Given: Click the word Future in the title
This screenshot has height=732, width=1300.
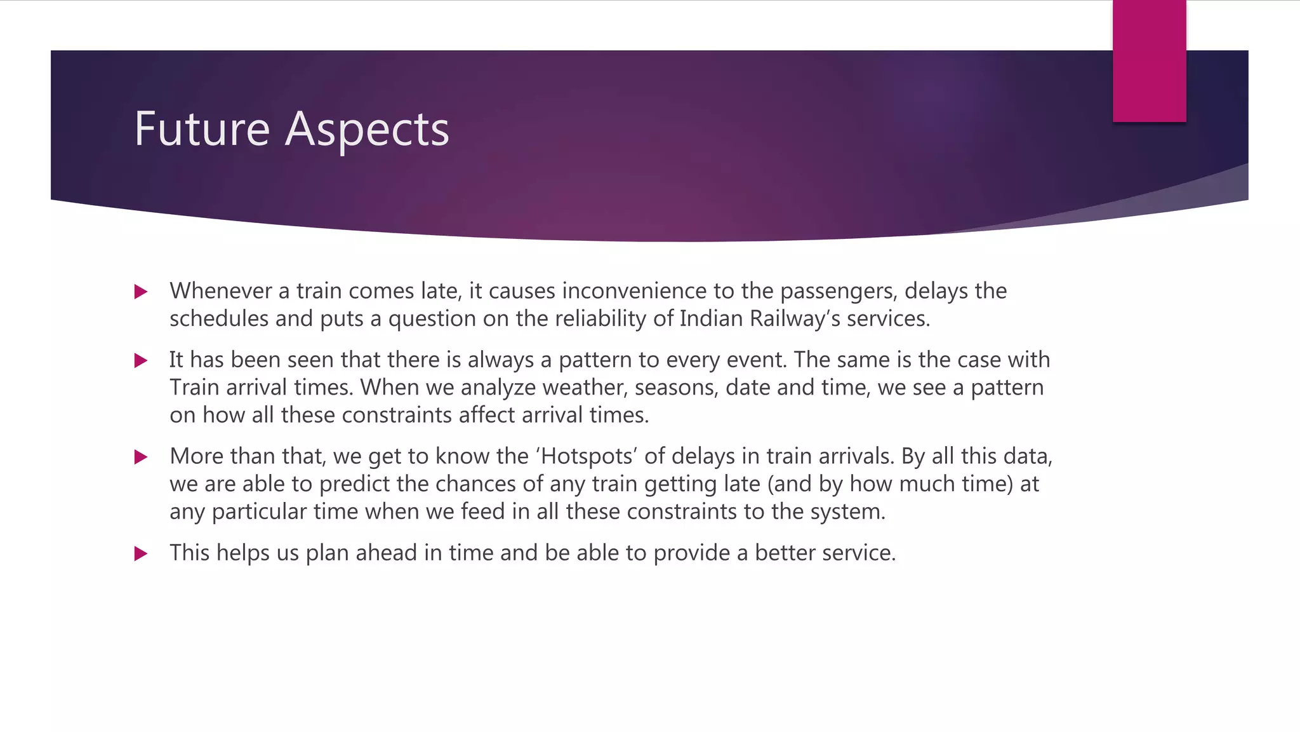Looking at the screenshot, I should click(x=202, y=129).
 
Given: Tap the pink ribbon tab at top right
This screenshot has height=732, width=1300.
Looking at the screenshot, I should click(x=1149, y=60).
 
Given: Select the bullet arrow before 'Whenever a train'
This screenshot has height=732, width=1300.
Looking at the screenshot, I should click(x=141, y=292).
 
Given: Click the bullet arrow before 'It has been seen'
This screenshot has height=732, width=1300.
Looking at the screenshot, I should click(x=141, y=360).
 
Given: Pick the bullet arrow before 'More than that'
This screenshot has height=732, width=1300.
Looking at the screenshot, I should click(x=141, y=457).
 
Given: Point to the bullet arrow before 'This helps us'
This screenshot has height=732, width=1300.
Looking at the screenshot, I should click(x=141, y=553).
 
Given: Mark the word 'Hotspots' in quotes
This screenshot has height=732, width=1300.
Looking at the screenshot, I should click(x=587, y=456).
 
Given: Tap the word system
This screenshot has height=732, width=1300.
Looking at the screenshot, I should click(x=847, y=512).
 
